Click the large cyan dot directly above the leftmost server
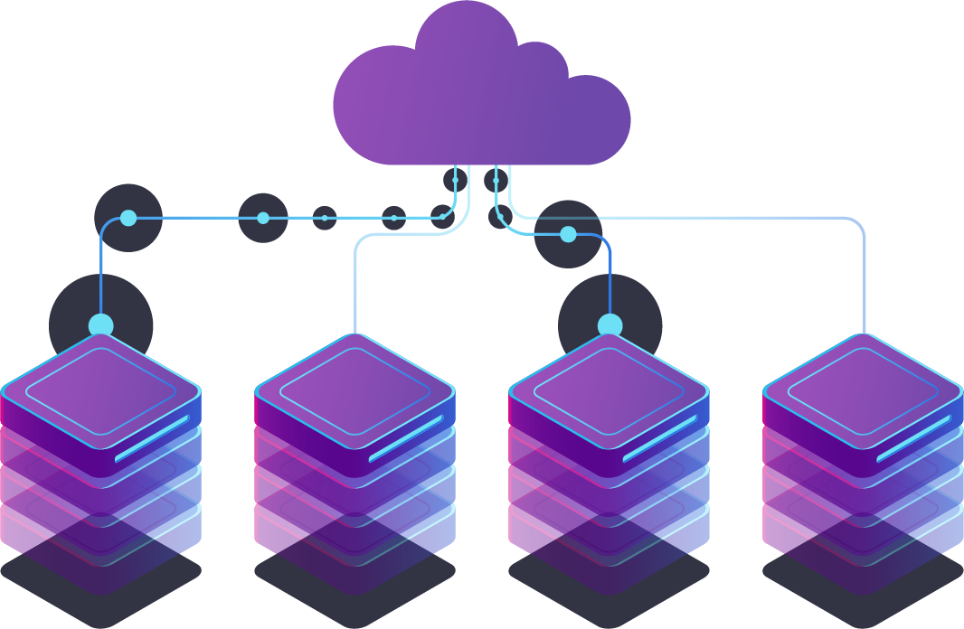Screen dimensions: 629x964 [101, 325]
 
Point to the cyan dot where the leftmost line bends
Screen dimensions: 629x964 [128, 218]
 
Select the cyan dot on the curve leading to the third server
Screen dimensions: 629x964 [568, 235]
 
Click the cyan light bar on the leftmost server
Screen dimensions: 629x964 [152, 438]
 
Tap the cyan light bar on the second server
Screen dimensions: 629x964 [406, 438]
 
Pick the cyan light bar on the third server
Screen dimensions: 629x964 [660, 438]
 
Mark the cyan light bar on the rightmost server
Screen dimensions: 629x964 [914, 438]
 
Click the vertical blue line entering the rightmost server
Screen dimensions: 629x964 [865, 289]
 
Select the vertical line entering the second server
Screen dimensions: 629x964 [355, 289]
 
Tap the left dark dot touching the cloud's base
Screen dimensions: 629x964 [455, 180]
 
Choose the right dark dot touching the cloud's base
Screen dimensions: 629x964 [496, 180]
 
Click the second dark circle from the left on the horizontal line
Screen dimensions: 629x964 [263, 218]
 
